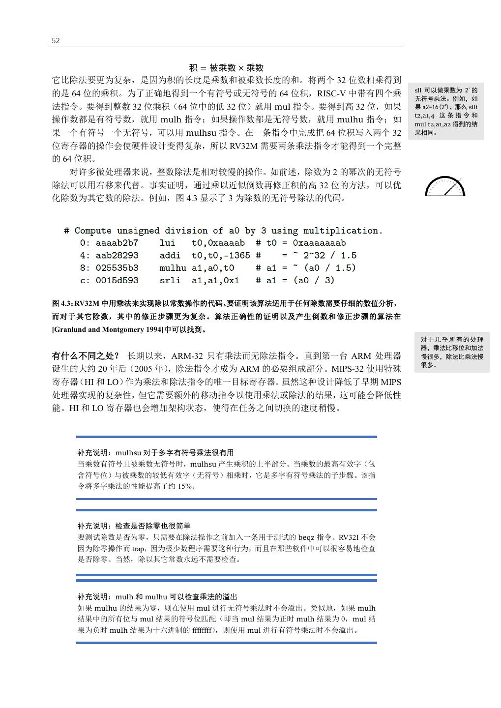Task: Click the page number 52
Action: pos(56,41)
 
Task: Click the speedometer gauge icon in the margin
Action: pos(445,186)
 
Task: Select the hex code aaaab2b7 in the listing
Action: pos(117,243)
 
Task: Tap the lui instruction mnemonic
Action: pos(168,243)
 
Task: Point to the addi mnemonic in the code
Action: pos(170,256)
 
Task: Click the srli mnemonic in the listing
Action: pos(170,280)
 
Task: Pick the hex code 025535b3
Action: pos(117,268)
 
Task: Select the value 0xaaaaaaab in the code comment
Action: pos(319,243)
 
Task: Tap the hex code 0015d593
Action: pos(117,280)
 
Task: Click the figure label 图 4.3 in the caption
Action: pos(62,303)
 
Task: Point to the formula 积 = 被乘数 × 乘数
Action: pos(227,68)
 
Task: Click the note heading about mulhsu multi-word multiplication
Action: pos(155,452)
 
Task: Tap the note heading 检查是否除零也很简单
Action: pos(134,526)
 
